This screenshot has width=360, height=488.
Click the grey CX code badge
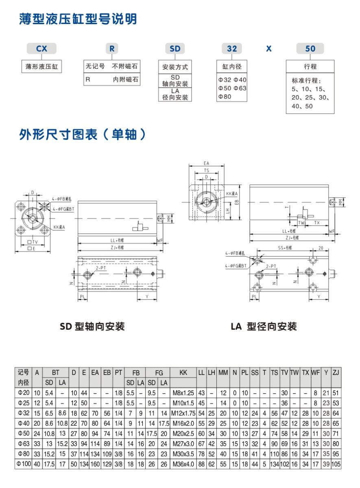[41, 49]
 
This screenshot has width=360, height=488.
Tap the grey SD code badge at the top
[175, 49]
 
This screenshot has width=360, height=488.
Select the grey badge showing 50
[310, 49]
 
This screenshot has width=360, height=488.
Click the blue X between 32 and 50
[268, 49]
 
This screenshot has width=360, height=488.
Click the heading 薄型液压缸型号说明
[78, 19]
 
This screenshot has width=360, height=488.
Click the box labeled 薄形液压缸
[41, 67]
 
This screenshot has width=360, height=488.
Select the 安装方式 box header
[175, 67]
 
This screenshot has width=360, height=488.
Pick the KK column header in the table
[183, 373]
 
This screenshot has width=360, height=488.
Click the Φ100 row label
[24, 464]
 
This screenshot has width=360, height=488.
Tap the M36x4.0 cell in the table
[183, 464]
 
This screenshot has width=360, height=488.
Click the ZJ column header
[336, 373]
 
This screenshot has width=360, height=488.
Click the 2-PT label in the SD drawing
[101, 268]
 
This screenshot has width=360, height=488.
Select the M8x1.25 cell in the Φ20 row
[183, 393]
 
